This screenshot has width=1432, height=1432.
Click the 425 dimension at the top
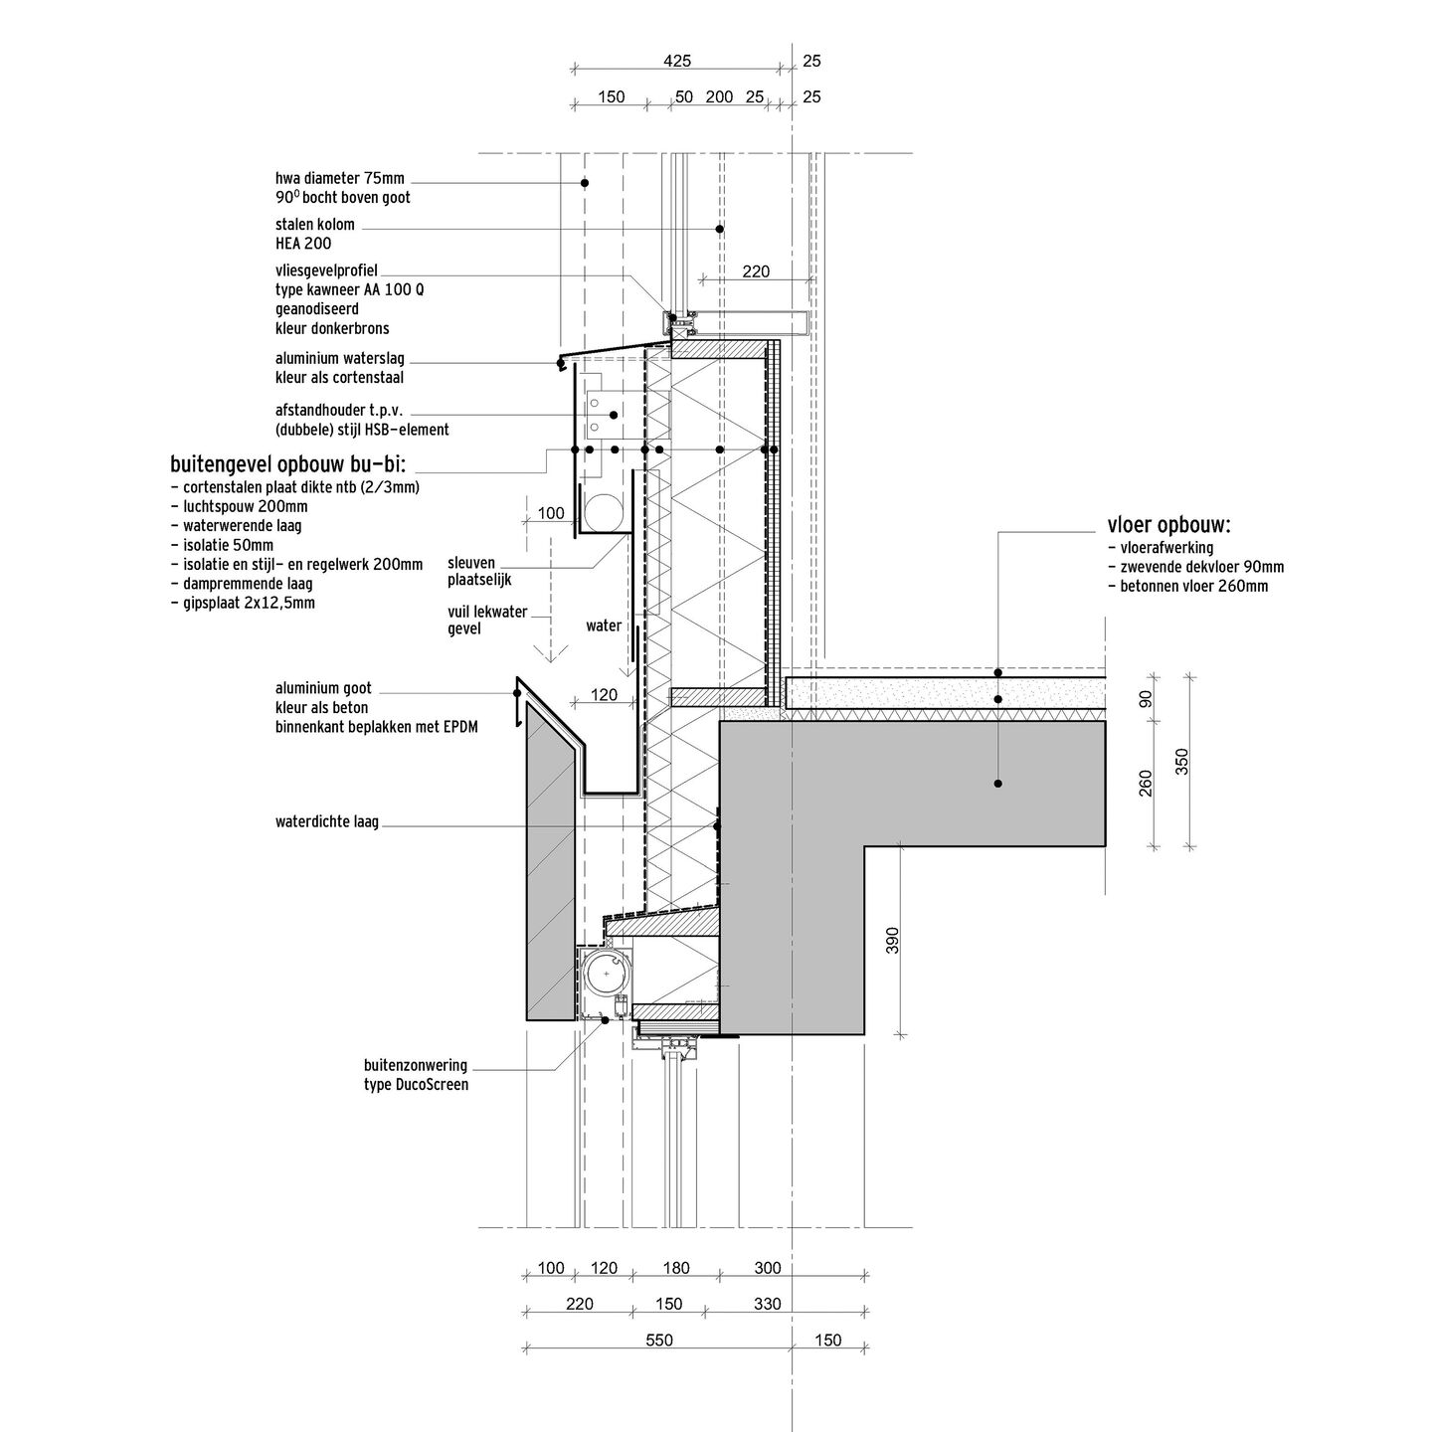pos(677,61)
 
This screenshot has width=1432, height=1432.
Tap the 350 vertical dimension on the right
pos(1181,762)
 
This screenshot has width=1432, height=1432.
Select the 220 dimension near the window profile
pos(756,271)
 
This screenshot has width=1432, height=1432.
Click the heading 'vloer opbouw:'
pos(1168,525)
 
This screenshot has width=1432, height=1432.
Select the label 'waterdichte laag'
pos(327,821)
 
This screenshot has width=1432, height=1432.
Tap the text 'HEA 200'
pos(303,244)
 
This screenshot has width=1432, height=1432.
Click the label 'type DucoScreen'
pos(416,1084)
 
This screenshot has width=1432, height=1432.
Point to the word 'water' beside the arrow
pos(604,626)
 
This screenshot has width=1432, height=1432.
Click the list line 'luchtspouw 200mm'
pos(240,506)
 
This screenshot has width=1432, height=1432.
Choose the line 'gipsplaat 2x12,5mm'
pos(243,603)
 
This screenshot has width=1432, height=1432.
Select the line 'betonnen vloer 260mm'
pos(1188,586)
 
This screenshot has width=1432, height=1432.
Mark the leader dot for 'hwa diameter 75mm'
pos(585,183)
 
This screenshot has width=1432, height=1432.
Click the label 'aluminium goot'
pos(323,688)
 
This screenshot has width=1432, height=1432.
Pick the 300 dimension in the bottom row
pos(768,1267)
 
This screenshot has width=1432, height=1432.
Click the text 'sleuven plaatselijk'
pos(479,572)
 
